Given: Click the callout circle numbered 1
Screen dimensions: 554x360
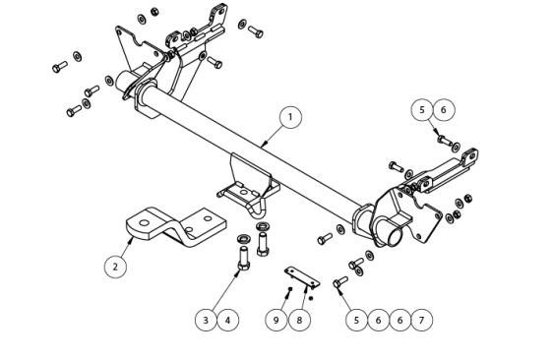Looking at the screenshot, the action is (290, 117).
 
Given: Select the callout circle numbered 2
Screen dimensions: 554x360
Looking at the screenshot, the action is (115, 267).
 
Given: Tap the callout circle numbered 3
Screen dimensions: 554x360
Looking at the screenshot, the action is (206, 321).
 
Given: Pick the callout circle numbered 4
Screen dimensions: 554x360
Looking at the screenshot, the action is (228, 321).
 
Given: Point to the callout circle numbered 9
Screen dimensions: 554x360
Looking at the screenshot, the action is (277, 320).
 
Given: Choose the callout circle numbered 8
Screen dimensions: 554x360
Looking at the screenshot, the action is (299, 320).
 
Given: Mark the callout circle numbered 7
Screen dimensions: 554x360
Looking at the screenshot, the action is (421, 321).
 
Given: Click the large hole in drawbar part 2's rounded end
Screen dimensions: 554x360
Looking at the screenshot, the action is (144, 223).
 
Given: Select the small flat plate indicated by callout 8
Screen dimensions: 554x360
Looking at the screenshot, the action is (302, 277).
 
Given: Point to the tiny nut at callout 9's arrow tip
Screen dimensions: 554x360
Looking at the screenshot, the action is (290, 289).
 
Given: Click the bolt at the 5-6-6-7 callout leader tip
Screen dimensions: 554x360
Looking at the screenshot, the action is (340, 282).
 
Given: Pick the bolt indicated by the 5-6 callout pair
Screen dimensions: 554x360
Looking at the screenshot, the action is (444, 140).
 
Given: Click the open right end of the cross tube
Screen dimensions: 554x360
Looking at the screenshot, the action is (393, 237).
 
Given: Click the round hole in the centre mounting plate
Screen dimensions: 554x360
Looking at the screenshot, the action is (243, 192).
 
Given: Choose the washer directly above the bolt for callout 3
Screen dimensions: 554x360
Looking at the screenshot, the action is (243, 238).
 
